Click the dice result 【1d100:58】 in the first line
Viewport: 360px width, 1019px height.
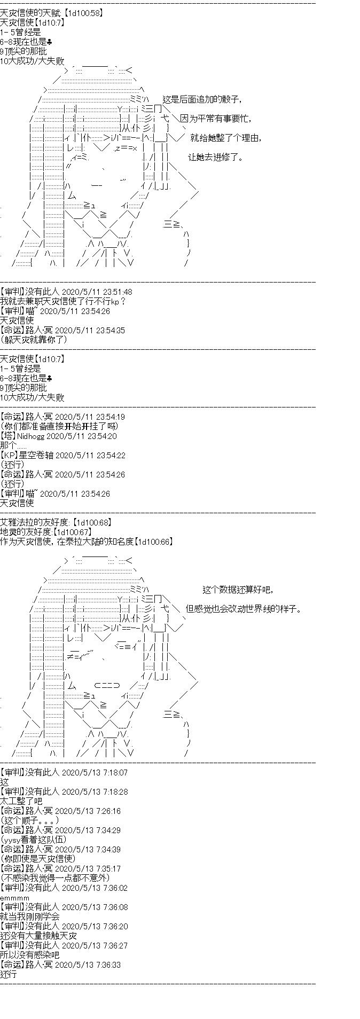83,13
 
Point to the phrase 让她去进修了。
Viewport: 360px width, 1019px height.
216,157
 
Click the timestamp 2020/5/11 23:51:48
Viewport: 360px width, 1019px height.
97,292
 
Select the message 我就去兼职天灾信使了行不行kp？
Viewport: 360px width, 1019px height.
63,301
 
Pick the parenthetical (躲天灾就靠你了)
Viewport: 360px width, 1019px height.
34,340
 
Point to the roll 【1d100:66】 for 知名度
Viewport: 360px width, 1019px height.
153,542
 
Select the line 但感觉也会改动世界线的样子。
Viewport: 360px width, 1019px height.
243,609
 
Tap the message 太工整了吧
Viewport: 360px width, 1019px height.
21,801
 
